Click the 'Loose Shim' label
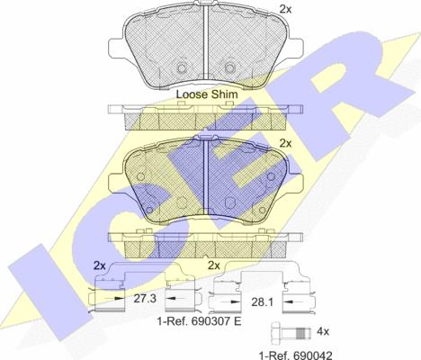point(207,94)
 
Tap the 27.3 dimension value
point(145,298)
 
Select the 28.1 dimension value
point(262,302)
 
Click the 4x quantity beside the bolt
point(323,332)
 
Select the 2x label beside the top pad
point(285,10)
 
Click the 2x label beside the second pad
point(285,143)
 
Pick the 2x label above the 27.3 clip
point(99,265)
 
